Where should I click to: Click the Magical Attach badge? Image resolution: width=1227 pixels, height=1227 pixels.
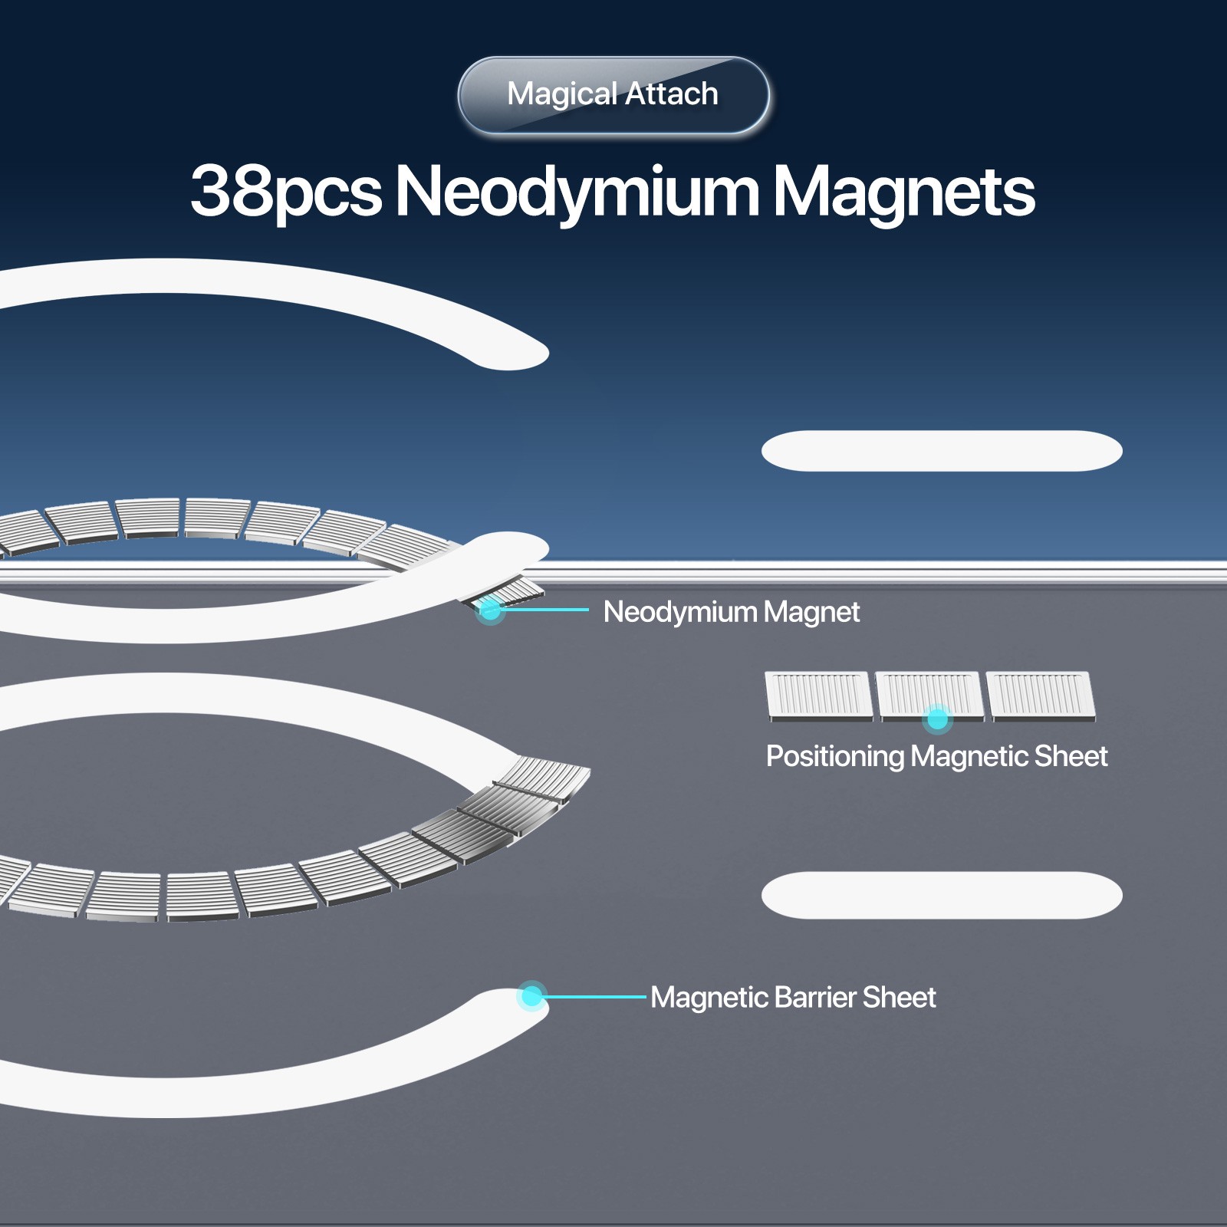613,95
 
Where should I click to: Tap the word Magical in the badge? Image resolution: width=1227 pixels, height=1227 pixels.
562,95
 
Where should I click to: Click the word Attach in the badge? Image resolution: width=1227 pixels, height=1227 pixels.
672,94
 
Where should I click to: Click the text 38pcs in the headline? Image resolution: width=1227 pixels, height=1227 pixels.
286,192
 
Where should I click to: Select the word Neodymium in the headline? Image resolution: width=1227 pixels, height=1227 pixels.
577,192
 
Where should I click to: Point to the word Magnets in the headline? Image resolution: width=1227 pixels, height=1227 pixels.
904,192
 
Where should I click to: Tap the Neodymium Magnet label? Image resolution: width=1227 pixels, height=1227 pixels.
732,612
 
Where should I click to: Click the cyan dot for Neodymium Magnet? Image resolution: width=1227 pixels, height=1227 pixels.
490,610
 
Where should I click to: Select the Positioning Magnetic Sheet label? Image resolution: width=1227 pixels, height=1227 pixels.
936,756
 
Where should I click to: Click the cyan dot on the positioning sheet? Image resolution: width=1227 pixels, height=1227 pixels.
937,719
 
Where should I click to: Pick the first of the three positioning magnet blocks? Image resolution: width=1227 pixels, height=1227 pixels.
819,696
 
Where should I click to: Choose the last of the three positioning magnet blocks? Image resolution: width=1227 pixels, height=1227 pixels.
1041,696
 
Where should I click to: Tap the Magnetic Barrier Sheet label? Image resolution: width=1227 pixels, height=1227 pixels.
793,998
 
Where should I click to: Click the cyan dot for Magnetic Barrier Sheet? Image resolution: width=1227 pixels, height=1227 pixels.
531,996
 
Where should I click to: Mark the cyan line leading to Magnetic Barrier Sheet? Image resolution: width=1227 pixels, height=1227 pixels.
590,997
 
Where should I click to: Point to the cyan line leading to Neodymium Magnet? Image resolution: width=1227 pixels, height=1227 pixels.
540,610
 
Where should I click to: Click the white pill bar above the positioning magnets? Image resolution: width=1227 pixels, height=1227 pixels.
942,451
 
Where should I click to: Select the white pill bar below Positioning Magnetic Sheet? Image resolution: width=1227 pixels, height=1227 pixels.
942,895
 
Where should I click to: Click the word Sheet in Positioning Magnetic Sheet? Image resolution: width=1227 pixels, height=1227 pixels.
1071,756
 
